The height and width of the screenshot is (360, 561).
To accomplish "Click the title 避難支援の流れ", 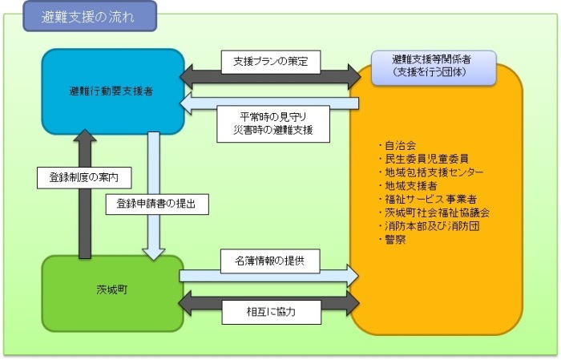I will pyautogui.click(x=89, y=16).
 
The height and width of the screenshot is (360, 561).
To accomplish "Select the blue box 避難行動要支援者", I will pyautogui.click(x=113, y=91).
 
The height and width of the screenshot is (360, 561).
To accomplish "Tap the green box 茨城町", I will pyautogui.click(x=113, y=293).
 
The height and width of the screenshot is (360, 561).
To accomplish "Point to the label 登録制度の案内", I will pyautogui.click(x=83, y=177).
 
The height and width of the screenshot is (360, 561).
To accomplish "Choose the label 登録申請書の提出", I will pyautogui.click(x=157, y=204).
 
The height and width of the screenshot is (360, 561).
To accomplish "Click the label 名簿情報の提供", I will pyautogui.click(x=272, y=260).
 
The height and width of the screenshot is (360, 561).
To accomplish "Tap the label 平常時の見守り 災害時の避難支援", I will pyautogui.click(x=272, y=123).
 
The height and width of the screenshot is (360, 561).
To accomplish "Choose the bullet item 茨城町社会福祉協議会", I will pyautogui.click(x=433, y=212).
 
